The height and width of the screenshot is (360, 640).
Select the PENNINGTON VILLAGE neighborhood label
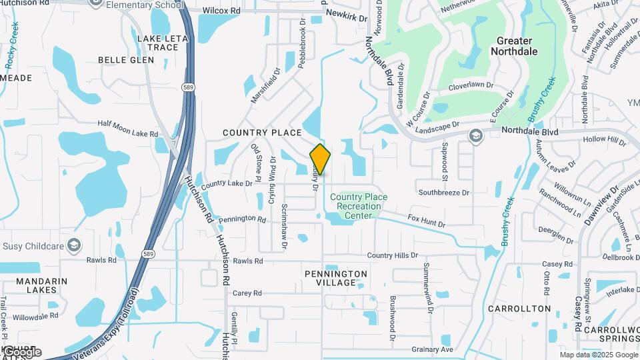(335, 278)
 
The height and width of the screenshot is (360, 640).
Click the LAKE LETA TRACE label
(158, 43)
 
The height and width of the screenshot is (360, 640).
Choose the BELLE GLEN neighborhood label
(126, 60)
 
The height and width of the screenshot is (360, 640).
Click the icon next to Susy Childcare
(74, 245)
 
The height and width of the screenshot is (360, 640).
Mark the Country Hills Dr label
(392, 255)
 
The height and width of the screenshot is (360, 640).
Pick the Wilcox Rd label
(221, 11)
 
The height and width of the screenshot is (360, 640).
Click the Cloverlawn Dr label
(471, 85)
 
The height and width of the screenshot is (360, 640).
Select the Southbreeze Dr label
(444, 193)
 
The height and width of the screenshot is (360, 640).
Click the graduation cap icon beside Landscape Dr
(475, 136)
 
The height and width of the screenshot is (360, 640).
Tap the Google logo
(21, 352)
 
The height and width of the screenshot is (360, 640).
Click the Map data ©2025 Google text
(599, 355)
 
